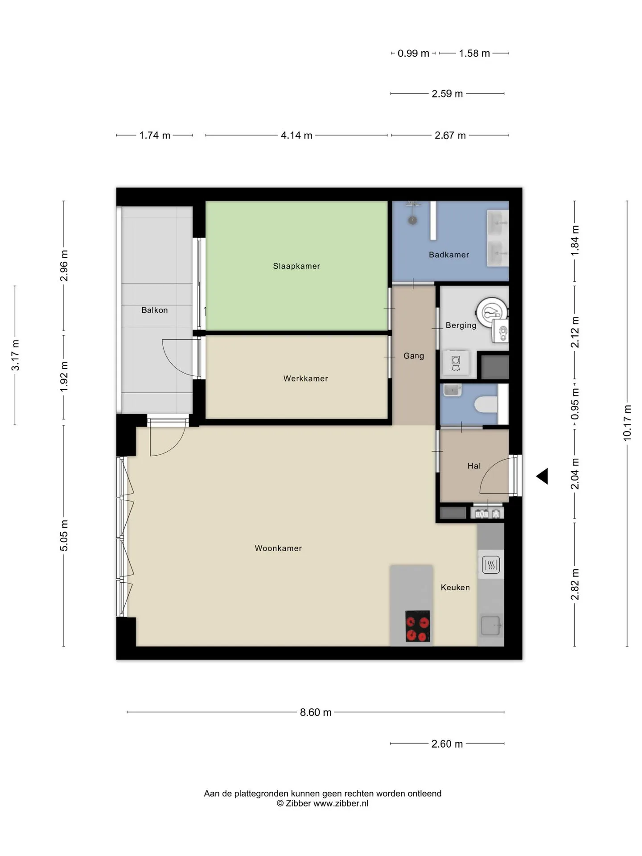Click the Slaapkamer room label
(296, 266)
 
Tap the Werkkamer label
(305, 379)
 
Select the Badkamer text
(449, 255)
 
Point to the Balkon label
(154, 310)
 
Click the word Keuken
(455, 587)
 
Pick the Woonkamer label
(278, 548)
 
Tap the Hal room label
(474, 466)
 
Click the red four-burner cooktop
(418, 626)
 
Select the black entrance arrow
(542, 476)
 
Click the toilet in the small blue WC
(486, 405)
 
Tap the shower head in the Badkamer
(413, 220)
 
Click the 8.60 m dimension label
(316, 712)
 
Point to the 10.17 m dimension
(627, 423)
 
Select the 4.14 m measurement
(296, 135)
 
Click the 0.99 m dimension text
(413, 53)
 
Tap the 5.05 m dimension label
(64, 535)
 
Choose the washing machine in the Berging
(456, 363)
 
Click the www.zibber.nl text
(341, 803)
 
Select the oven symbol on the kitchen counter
(491, 565)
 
